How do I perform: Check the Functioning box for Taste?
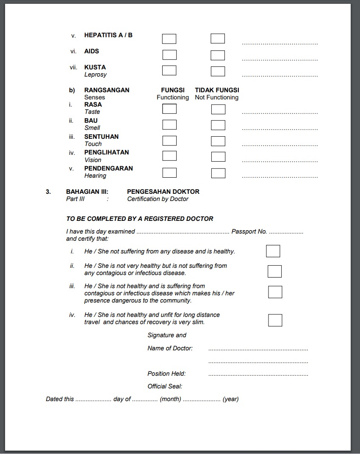pos(169,109)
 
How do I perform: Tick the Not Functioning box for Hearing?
pos(218,173)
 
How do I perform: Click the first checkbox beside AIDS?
pos(169,55)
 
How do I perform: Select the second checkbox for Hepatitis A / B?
pos(218,39)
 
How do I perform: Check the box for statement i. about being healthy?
pos(273,251)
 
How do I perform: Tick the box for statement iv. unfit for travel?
pos(275,320)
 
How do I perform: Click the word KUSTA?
pos(95,67)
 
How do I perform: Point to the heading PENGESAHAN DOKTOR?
pos(163,192)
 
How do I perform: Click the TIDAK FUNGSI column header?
pos(217,90)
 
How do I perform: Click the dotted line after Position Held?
pos(258,375)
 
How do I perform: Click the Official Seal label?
pos(165,386)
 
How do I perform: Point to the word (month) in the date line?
pos(170,399)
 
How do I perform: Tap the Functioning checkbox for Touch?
pos(169,140)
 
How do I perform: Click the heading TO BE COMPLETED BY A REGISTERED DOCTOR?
pos(140,219)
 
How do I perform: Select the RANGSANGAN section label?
pos(107,90)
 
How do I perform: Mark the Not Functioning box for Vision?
pos(218,157)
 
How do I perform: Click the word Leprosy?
pos(95,74)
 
